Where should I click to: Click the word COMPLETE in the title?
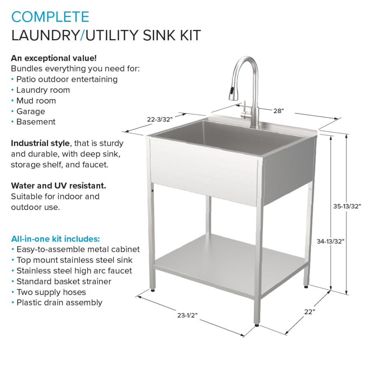[x=50, y=17]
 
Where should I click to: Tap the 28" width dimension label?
[x=278, y=111]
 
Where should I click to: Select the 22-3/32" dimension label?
[x=160, y=119]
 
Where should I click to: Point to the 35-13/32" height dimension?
[x=347, y=206]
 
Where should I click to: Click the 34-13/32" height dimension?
[x=331, y=241]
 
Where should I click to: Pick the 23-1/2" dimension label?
[x=187, y=315]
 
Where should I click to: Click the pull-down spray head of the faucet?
[x=232, y=93]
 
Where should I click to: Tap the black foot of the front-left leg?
[x=153, y=290]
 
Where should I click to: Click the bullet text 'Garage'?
[x=31, y=111]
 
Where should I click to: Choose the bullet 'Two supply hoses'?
[x=51, y=292]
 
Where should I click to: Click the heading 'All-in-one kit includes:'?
[x=55, y=239]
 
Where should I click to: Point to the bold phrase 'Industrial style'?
[x=40, y=143]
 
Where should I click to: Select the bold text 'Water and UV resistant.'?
[x=58, y=186]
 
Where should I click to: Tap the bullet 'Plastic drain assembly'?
[x=60, y=303]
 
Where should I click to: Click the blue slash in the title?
[x=82, y=35]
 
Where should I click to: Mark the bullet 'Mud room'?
[x=36, y=101]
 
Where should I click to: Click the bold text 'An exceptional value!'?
[x=54, y=58]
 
